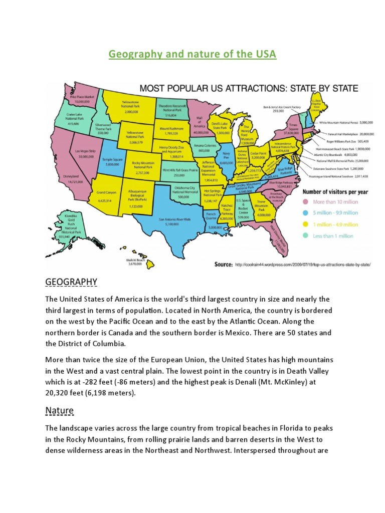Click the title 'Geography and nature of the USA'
(192, 54)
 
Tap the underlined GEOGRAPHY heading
(71, 283)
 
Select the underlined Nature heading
(59, 411)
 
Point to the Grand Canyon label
(107, 192)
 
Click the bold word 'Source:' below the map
(223, 265)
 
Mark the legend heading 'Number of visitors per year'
(334, 191)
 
